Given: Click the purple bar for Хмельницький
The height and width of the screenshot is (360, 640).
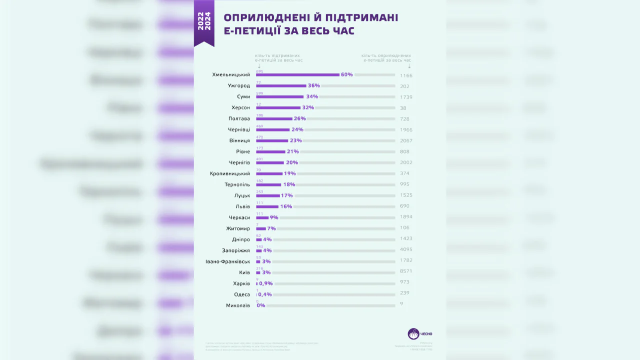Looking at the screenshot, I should pos(297,75).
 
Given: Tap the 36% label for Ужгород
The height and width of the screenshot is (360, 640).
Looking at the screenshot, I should pos(313,85).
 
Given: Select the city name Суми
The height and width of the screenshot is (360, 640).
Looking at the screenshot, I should pos(243,96).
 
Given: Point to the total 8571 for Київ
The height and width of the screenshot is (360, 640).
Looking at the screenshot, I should pos(406,271).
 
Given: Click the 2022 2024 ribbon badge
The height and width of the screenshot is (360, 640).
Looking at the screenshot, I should pos(204,22).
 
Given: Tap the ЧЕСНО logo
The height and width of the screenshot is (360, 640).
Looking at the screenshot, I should pos(420,333).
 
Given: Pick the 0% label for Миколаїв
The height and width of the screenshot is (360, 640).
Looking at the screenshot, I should pos(261,305).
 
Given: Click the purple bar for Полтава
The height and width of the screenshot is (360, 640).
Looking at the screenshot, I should pos(274,118).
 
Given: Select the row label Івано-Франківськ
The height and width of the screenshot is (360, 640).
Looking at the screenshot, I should pos(227,261).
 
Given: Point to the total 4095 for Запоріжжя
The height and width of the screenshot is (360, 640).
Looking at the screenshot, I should pos(406,249).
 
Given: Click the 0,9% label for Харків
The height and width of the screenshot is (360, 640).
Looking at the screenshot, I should pos(265,283).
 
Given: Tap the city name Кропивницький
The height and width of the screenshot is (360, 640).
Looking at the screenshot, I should pos(230,173).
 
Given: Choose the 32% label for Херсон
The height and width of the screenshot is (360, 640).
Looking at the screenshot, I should pos(308,107).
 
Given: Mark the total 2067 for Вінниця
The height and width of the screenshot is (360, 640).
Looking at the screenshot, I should pos(406,141).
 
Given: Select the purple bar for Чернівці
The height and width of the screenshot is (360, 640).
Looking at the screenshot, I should pos(273,129).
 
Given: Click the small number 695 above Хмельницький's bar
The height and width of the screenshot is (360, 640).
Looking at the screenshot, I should pos(259,71).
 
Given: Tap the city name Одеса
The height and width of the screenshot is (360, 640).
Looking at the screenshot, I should pos(242,294).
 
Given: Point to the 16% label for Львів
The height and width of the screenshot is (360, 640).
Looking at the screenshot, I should pos(286,206).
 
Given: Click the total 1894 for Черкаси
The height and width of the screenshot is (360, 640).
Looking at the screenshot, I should pos(406,217).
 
